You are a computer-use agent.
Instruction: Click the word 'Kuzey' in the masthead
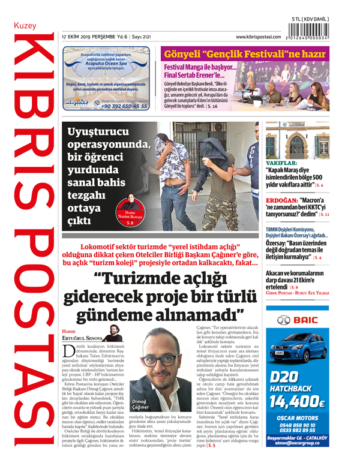[25, 26]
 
